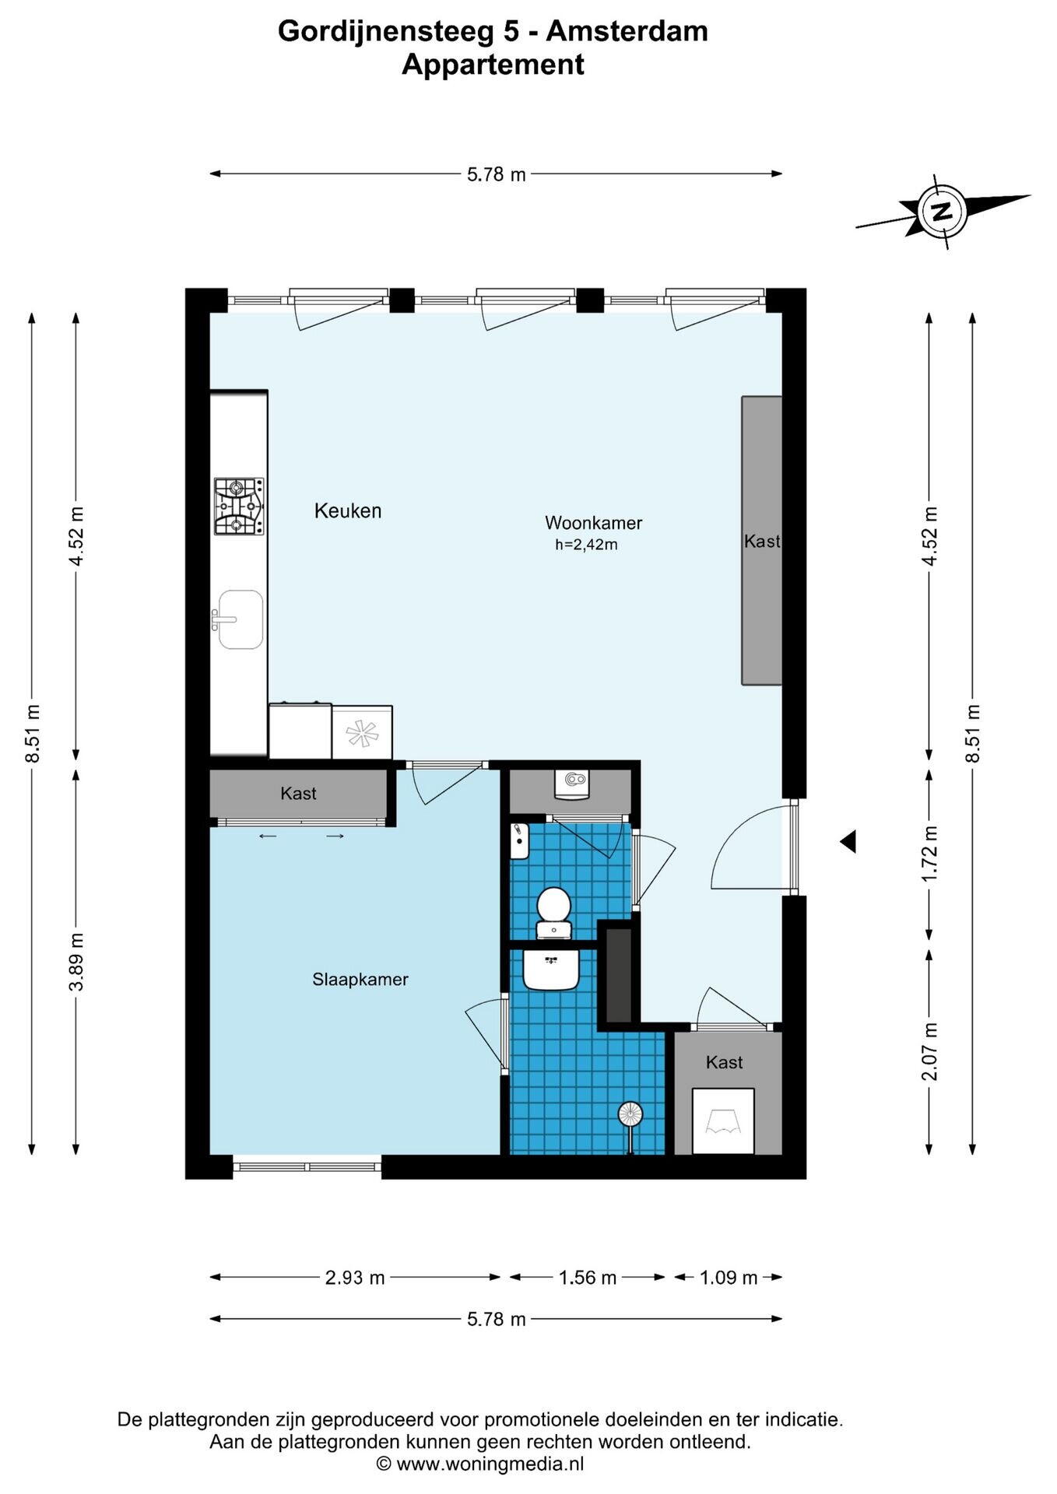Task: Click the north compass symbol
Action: pos(943,211)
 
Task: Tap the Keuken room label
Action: pos(348,511)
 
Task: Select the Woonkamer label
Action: pos(593,523)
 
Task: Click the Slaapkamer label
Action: pos(360,980)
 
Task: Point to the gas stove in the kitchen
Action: pos(239,507)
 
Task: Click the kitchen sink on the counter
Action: pos(239,619)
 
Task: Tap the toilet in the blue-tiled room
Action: pos(553,913)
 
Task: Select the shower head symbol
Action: pos(630,1116)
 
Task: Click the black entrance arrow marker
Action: pos(848,841)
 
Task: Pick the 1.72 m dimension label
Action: pos(929,854)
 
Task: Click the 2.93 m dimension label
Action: pos(355,1278)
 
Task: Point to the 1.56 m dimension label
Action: pos(588,1278)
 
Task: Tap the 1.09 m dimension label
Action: pos(729,1278)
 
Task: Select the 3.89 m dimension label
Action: pos(76,962)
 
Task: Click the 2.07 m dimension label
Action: pos(929,1051)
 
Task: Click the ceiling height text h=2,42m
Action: pos(586,545)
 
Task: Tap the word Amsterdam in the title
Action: pos(627,31)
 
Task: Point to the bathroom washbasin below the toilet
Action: pos(551,970)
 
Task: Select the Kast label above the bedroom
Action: pos(298,794)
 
